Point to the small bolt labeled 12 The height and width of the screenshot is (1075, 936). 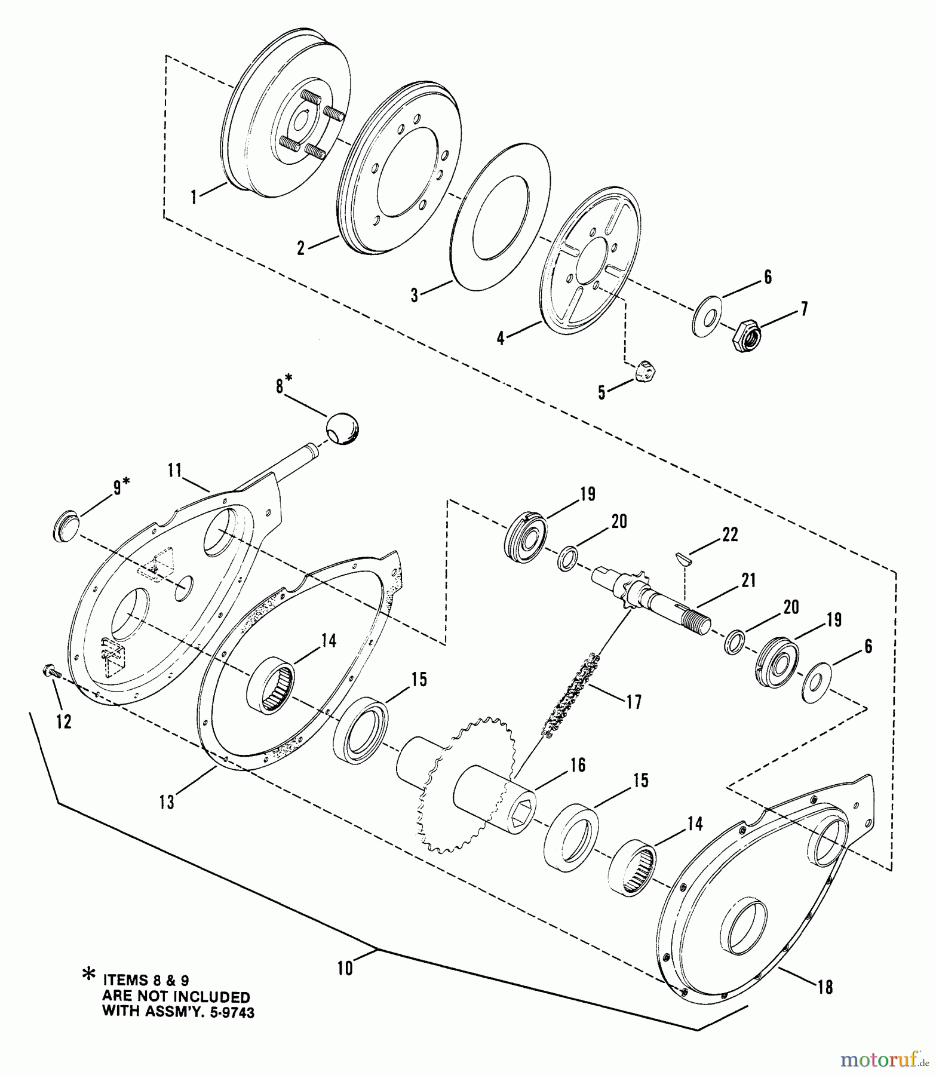tap(51, 672)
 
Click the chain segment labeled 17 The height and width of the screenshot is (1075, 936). tap(567, 693)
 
